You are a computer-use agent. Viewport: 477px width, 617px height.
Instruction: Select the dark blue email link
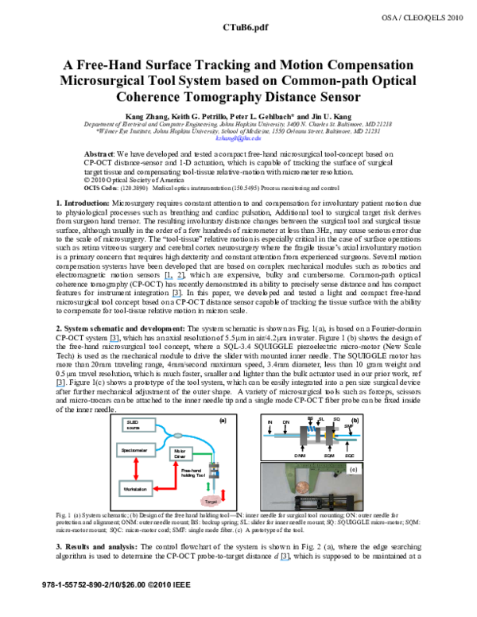[238, 138]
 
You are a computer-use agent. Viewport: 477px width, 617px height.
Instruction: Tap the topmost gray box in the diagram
[138, 425]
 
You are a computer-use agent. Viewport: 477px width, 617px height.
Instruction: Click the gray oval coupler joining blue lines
[177, 435]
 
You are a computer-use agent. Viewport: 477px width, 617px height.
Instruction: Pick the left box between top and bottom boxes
[136, 450]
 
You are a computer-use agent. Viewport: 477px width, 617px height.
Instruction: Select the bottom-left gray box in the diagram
[136, 488]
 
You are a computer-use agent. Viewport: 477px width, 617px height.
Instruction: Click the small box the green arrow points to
[180, 454]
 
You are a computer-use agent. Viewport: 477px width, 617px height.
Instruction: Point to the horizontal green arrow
[203, 454]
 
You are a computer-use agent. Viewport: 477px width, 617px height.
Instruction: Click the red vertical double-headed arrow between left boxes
[136, 469]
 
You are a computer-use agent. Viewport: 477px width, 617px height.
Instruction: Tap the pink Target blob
[211, 501]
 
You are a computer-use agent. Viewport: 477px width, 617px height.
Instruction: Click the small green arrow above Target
[208, 486]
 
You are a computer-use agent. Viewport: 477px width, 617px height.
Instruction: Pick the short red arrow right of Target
[223, 495]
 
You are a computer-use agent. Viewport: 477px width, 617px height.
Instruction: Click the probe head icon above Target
[214, 470]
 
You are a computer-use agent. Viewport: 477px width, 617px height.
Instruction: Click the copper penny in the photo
[301, 486]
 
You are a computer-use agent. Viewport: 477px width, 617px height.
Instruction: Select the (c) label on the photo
[354, 469]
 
